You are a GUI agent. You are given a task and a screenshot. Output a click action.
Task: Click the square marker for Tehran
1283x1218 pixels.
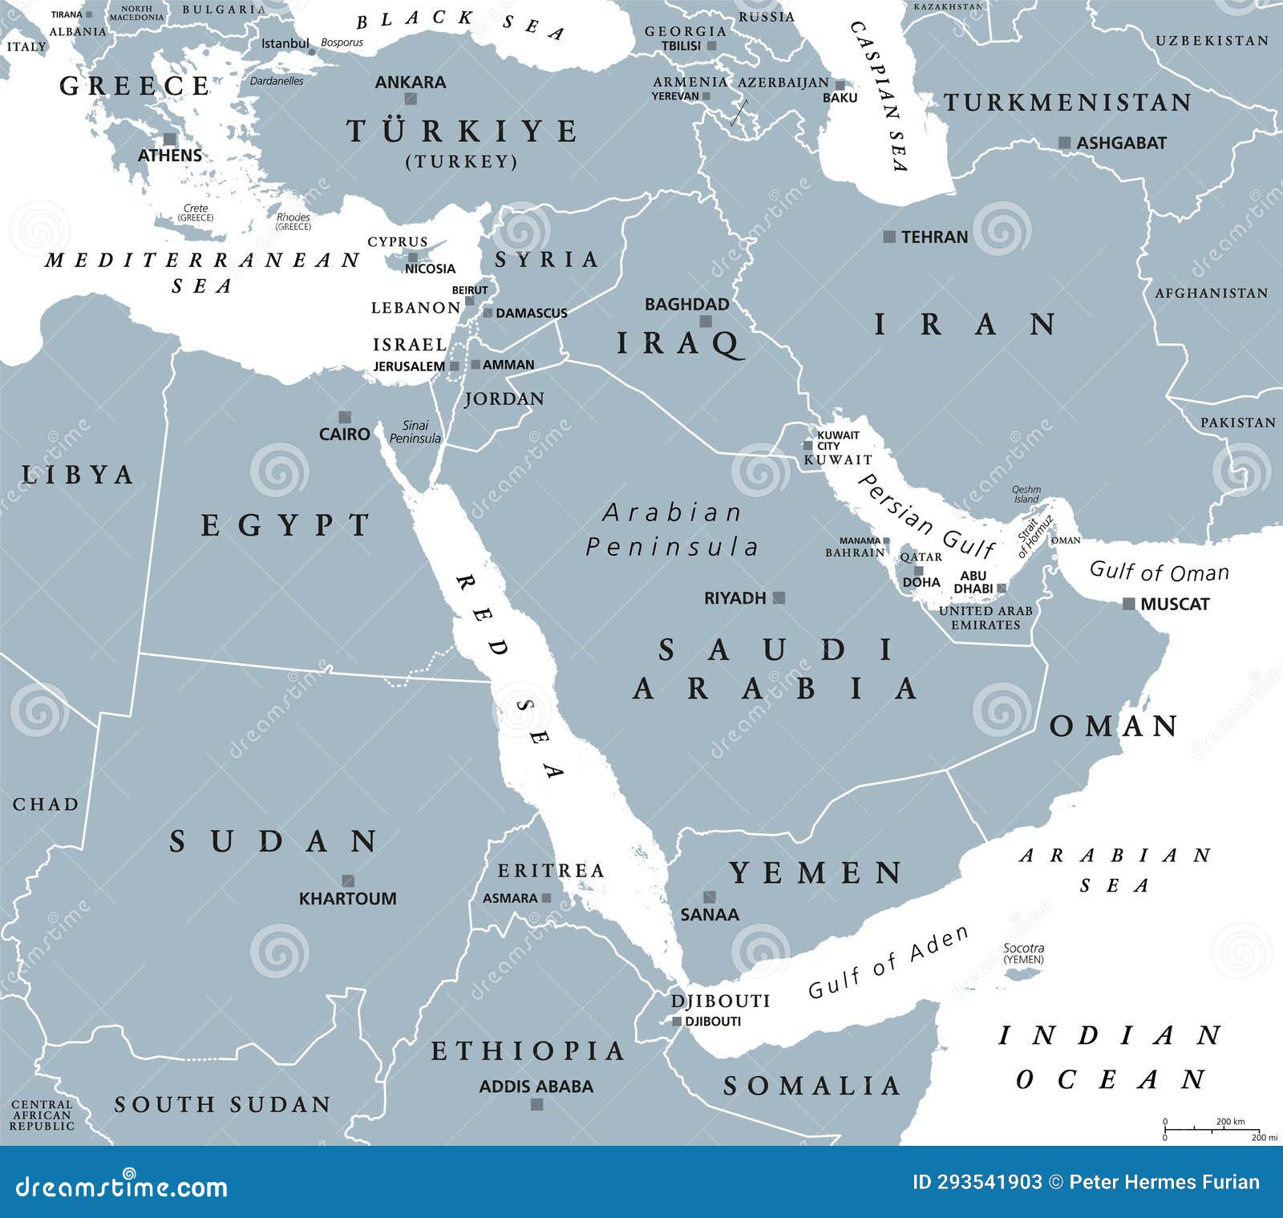tap(888, 237)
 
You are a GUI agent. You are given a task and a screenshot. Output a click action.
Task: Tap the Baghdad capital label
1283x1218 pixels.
tap(686, 304)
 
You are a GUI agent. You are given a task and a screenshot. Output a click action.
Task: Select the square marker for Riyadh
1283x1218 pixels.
tap(779, 597)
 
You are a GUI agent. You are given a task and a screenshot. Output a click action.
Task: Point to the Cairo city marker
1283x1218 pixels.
tap(345, 417)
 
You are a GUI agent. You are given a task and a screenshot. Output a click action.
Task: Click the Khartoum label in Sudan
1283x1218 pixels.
tap(347, 899)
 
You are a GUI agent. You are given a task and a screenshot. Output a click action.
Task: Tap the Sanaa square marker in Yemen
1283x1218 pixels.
tap(709, 896)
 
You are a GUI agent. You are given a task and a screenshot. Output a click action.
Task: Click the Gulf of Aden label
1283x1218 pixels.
tap(888, 962)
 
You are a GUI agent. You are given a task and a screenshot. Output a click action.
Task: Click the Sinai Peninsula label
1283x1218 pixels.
tap(415, 432)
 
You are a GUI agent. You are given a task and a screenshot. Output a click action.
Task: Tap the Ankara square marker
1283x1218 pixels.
tap(411, 99)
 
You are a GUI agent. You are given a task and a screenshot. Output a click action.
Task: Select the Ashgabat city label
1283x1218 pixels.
tap(1121, 143)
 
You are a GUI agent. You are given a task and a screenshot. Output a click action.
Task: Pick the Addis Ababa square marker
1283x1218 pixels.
tap(537, 1104)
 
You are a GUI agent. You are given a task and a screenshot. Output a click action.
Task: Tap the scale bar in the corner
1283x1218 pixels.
tap(1212, 1129)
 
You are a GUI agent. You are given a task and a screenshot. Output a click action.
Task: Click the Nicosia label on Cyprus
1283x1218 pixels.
tap(430, 269)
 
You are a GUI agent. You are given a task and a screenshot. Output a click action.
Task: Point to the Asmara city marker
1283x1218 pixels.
tap(546, 898)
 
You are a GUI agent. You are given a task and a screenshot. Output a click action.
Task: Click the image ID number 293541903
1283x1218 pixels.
tap(977, 1182)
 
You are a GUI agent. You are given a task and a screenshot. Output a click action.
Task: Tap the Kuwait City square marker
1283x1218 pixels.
tap(807, 446)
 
